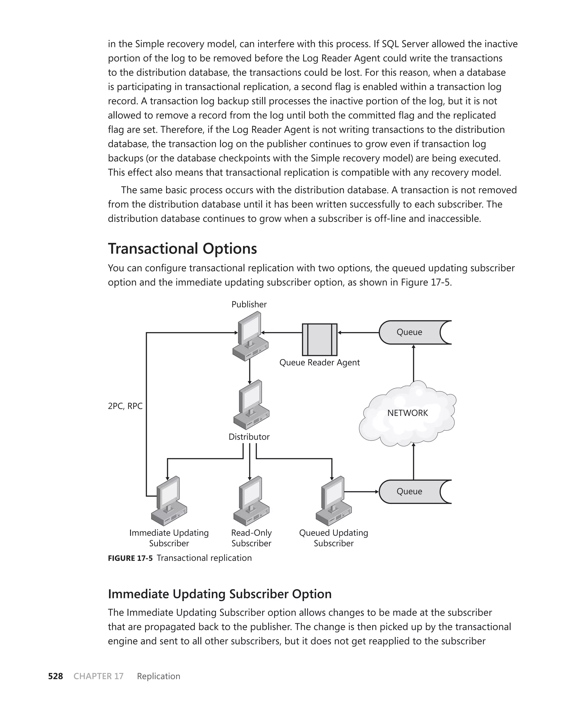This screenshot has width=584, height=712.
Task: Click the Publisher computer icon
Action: click(250, 336)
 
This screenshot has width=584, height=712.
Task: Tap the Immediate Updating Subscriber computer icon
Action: click(169, 501)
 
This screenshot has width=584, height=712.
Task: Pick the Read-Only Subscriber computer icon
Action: click(251, 501)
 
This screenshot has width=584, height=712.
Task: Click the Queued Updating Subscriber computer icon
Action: click(333, 501)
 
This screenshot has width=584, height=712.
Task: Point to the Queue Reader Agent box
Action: click(320, 339)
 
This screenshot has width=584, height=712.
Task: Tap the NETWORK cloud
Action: click(408, 413)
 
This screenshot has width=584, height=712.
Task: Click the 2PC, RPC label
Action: click(125, 406)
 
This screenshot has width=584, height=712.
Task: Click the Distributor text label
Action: click(249, 437)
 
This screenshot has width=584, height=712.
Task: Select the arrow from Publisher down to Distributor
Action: click(250, 371)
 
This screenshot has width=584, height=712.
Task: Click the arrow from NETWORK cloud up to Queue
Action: click(414, 363)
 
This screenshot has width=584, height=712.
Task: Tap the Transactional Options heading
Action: click(182, 249)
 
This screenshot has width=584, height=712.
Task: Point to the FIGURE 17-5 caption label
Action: click(130, 558)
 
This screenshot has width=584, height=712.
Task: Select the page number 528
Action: click(56, 676)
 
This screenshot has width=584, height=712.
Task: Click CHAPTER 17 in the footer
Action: click(99, 676)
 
